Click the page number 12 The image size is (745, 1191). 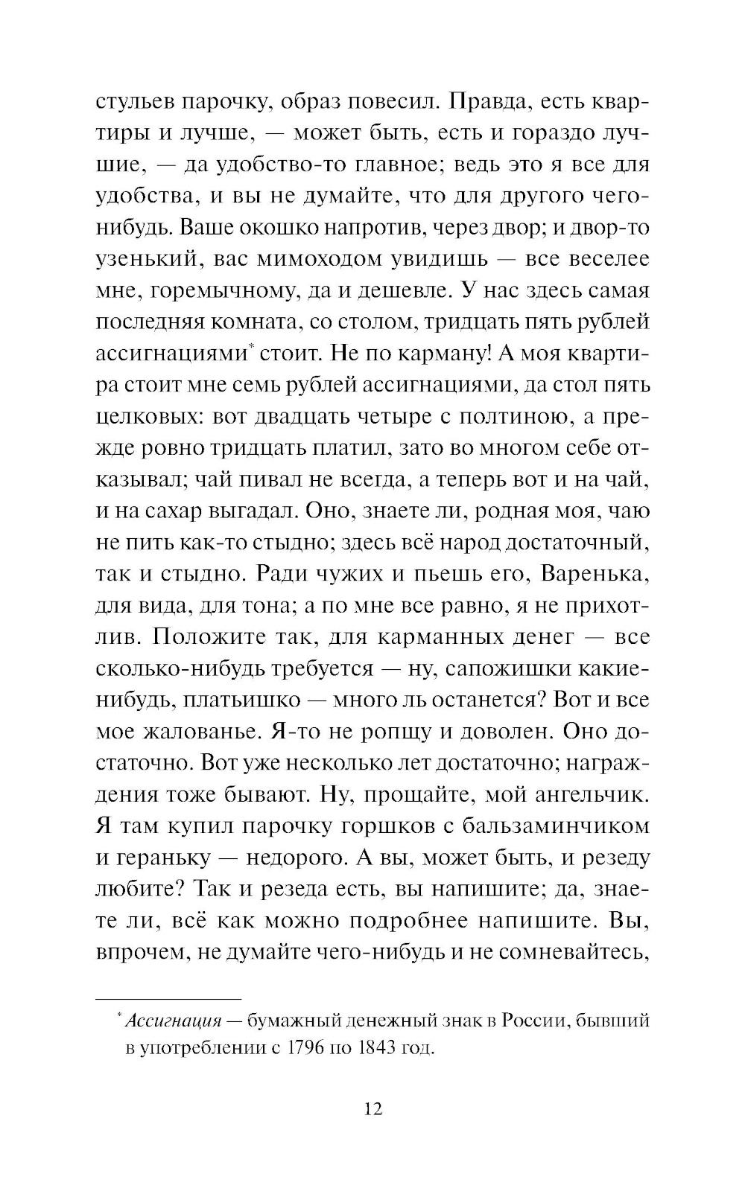coord(373,1109)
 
